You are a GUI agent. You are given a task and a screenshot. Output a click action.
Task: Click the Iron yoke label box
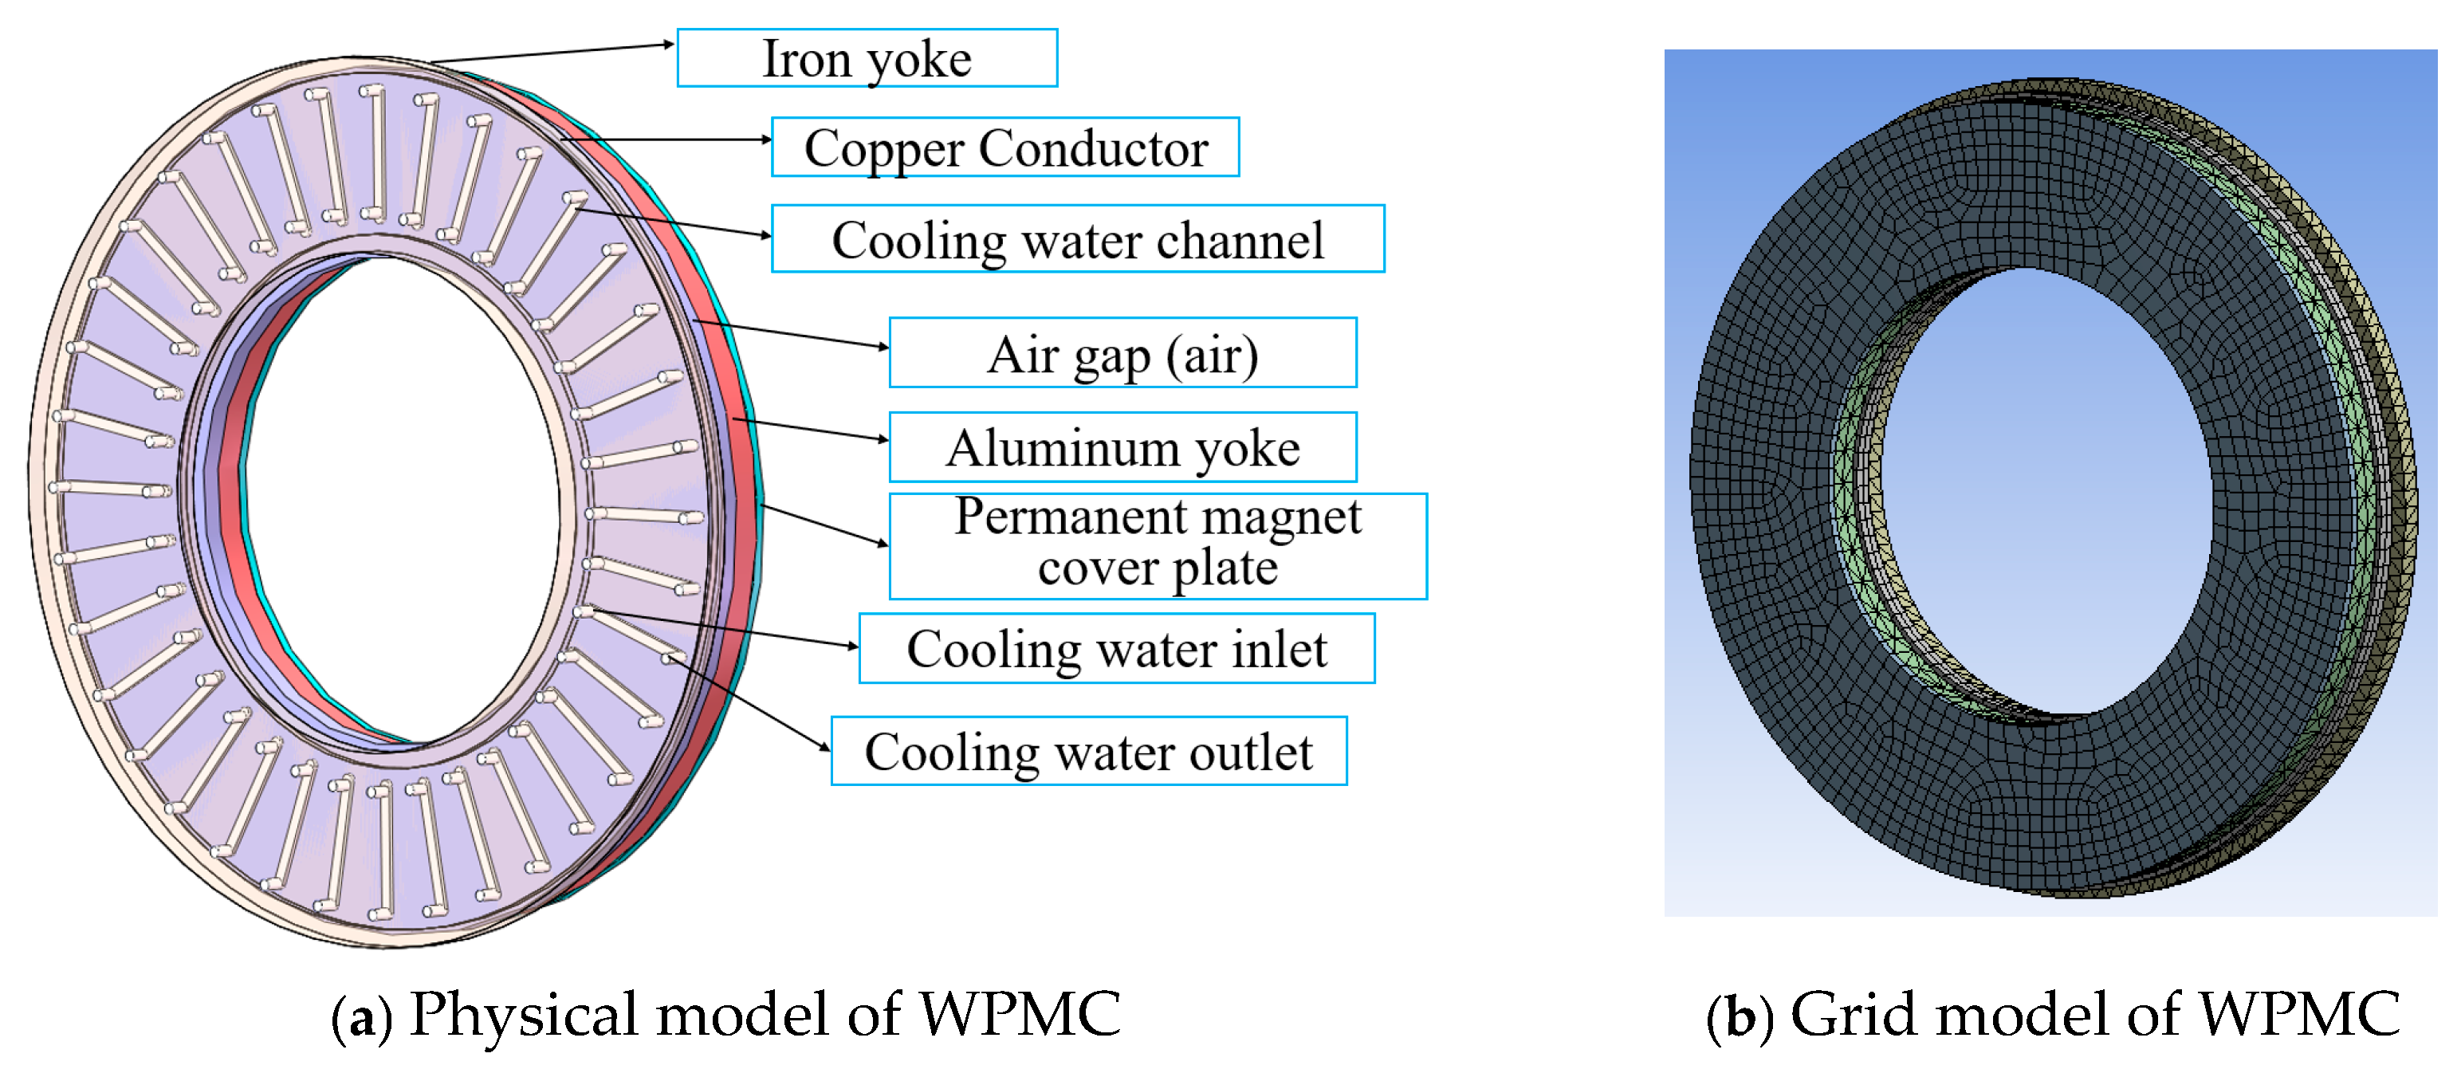867,58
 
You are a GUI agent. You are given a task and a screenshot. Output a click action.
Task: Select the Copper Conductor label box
1005,148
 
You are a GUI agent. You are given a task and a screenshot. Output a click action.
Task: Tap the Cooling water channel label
1078,239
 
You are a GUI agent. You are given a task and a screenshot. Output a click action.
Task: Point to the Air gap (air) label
1122,353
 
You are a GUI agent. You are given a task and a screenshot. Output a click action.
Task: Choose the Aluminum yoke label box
1122,447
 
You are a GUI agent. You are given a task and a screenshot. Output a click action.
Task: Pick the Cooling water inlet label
1117,649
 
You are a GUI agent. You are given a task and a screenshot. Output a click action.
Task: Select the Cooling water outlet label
1089,751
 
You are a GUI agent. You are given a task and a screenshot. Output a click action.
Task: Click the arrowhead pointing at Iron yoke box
670,44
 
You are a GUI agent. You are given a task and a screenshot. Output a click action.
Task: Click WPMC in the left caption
1020,1015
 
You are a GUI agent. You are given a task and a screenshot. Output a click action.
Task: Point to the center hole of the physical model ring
401,497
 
